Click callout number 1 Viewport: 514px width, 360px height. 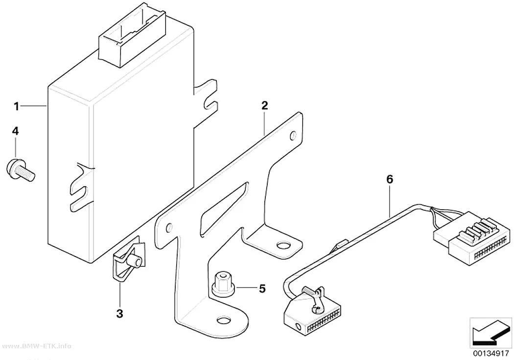point(16,106)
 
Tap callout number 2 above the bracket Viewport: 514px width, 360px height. point(264,106)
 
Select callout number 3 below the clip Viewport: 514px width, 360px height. point(119,313)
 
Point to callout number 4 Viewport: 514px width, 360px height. point(15,131)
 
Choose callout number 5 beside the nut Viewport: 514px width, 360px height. point(262,288)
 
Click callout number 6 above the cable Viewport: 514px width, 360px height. point(390,179)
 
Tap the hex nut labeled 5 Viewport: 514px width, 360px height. point(223,284)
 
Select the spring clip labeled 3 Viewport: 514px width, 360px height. point(127,262)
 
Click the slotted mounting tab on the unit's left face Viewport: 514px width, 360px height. point(82,188)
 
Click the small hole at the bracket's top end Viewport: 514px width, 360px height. point(293,135)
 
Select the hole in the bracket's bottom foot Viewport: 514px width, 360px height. point(224,320)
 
